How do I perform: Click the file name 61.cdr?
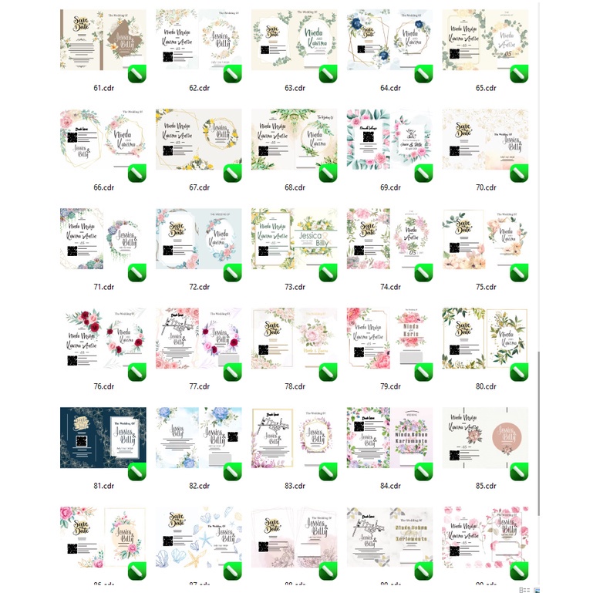click(103, 88)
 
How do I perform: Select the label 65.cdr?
click(486, 88)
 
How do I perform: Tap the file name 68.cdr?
click(295, 187)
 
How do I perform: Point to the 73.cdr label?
click(295, 287)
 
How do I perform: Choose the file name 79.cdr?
click(390, 386)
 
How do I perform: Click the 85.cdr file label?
click(486, 487)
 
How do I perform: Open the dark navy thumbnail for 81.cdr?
click(103, 437)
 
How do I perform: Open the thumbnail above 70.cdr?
click(486, 139)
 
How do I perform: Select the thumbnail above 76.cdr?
click(103, 338)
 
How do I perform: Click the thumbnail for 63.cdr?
click(295, 39)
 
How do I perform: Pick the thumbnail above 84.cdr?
click(390, 437)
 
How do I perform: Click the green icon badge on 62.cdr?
click(232, 74)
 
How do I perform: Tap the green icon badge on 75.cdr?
click(519, 273)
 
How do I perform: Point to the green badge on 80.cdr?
click(519, 372)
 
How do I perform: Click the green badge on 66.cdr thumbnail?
click(136, 174)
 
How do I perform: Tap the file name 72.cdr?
click(199, 287)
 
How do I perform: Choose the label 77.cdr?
click(199, 386)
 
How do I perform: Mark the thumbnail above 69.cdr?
click(390, 139)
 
